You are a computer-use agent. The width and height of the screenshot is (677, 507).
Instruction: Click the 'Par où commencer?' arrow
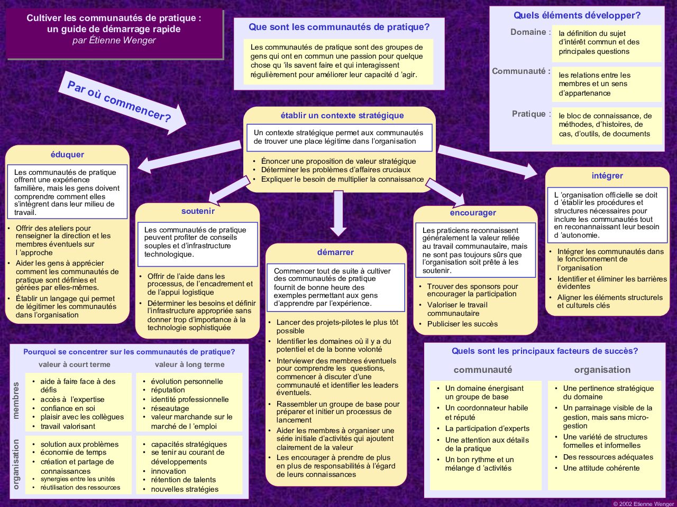pos(122,102)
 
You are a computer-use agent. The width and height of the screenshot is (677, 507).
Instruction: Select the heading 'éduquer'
pos(67,155)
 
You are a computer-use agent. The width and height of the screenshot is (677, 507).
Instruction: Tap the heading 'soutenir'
pos(198,211)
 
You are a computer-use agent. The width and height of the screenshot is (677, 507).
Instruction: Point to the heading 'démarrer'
pos(335,252)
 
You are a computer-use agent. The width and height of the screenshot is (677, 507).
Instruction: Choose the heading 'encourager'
pos(473,213)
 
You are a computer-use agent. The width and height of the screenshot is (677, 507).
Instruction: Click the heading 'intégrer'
pos(607,176)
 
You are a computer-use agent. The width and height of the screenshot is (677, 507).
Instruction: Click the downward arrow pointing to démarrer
pos(338,213)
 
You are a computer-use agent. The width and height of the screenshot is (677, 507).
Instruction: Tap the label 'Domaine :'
pos(530,32)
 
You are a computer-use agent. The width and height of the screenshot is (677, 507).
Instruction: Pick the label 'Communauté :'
pos(522,71)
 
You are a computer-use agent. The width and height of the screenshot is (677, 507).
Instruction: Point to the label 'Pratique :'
pos(532,114)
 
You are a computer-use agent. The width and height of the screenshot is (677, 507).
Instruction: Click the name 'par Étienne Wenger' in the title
pos(114,40)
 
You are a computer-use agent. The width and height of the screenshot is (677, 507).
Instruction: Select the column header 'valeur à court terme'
pos(75,364)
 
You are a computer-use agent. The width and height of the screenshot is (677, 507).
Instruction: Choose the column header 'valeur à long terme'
pos(190,364)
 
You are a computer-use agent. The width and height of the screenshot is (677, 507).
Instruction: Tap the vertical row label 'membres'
pos(16,400)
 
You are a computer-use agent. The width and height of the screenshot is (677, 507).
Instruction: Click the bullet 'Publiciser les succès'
pos(462,324)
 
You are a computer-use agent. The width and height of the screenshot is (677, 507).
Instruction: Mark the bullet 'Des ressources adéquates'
pos(608,457)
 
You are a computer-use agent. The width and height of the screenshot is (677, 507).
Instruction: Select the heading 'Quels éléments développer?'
pos(577,15)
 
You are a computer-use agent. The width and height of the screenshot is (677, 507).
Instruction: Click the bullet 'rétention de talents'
pos(183,480)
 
